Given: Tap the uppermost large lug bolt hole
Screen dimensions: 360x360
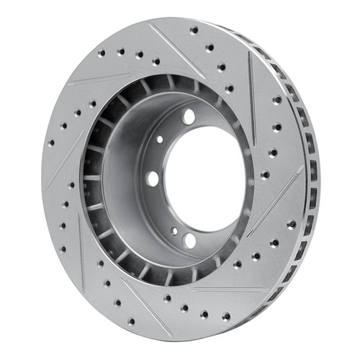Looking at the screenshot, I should point(189,117).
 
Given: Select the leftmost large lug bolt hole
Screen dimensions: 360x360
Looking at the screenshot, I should point(153,177).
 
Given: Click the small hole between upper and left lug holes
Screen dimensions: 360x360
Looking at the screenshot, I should point(160,139).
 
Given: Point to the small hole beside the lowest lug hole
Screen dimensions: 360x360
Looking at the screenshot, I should point(174,231).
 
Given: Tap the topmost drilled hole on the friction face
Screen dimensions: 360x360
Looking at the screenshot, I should point(194,30).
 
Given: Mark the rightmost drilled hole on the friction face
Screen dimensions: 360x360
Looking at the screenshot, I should point(292,224).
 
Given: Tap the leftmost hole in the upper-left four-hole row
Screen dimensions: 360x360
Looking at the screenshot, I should point(102,53).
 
